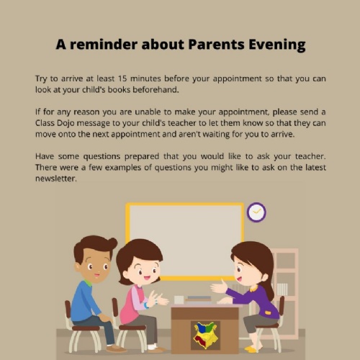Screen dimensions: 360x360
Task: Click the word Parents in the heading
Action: click(x=216, y=45)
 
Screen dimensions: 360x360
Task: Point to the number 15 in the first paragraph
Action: click(x=122, y=78)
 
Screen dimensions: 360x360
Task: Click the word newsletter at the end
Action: click(x=56, y=179)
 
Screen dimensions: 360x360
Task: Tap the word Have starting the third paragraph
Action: click(x=45, y=156)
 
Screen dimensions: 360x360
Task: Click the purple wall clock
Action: click(x=256, y=212)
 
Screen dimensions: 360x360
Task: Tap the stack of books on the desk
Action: click(x=198, y=300)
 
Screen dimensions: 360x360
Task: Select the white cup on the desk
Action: click(x=179, y=300)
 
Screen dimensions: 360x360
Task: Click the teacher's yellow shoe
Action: click(x=251, y=348)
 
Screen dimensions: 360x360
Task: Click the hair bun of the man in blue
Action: click(x=112, y=243)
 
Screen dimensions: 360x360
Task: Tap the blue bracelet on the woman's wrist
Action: click(x=145, y=305)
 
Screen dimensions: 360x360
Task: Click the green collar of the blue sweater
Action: click(x=88, y=283)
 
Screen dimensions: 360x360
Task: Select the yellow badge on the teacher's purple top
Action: click(x=268, y=312)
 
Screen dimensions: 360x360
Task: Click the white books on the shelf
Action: click(x=282, y=289)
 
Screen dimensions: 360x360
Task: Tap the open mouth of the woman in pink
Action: click(x=146, y=278)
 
